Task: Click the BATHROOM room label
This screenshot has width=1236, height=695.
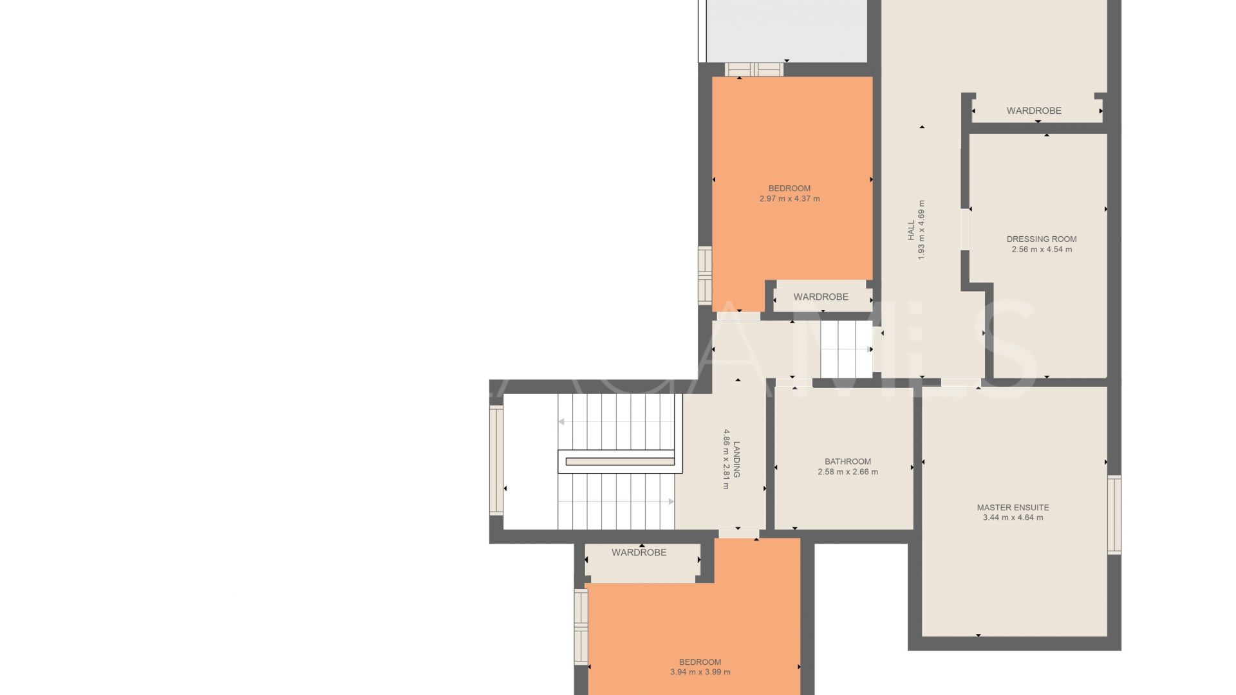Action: click(847, 461)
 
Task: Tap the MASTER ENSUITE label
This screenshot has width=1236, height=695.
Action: click(1013, 507)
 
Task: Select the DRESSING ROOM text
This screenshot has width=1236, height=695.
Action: click(1041, 239)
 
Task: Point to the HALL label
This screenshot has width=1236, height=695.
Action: click(911, 230)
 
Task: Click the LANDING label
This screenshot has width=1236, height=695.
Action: click(736, 459)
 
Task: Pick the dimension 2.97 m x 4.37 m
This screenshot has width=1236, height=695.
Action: click(789, 199)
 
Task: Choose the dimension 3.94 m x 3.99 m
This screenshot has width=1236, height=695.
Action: click(700, 672)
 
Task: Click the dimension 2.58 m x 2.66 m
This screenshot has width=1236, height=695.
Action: click(847, 472)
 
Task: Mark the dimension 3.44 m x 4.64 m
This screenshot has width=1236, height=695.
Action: click(1013, 517)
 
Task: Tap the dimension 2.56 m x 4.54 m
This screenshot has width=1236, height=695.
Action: click(1041, 250)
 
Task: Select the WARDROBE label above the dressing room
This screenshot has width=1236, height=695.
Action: click(1034, 111)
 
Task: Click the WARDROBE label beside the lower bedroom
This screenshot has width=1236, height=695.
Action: click(639, 552)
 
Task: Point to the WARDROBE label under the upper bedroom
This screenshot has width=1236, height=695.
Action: click(820, 297)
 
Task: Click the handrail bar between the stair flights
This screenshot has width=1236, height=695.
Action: click(619, 461)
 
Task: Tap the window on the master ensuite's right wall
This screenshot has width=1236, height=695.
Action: click(1114, 514)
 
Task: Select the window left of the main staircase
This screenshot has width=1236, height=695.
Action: click(496, 460)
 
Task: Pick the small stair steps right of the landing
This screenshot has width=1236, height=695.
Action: click(846, 349)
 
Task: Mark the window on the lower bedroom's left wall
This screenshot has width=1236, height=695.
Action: click(581, 626)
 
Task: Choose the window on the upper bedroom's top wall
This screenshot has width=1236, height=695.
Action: click(753, 69)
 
